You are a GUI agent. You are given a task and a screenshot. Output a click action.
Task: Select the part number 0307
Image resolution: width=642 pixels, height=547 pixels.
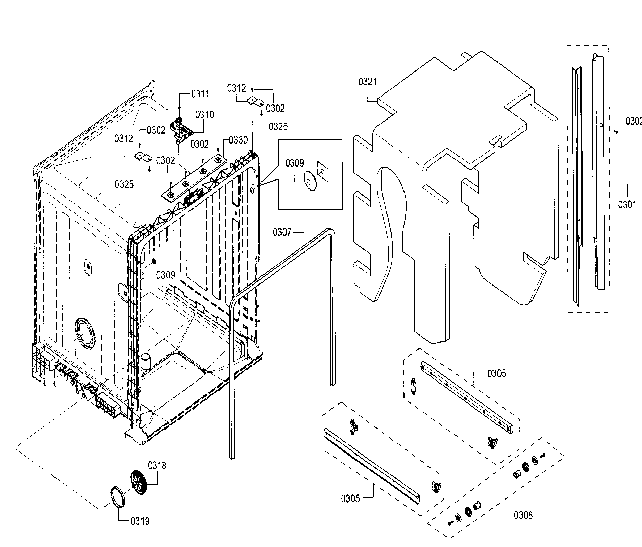(282, 232)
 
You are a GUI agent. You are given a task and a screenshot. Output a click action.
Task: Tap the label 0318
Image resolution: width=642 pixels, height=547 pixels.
(157, 465)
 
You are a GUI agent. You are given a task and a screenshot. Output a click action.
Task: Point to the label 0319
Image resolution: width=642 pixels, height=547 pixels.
(140, 521)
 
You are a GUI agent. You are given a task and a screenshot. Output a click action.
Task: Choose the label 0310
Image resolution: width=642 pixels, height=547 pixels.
(204, 115)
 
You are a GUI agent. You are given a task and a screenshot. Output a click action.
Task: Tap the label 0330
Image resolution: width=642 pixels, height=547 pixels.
(238, 140)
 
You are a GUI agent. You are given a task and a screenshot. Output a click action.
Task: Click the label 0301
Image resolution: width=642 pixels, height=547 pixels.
(627, 205)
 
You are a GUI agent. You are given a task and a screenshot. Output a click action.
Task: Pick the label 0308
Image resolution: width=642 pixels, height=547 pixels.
(523, 515)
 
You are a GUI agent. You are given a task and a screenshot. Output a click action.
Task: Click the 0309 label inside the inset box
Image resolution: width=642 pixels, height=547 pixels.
(294, 163)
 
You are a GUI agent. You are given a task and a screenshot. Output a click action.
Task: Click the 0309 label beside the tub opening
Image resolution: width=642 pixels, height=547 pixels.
(165, 275)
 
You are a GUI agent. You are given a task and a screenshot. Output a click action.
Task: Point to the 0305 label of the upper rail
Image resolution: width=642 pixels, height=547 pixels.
(496, 373)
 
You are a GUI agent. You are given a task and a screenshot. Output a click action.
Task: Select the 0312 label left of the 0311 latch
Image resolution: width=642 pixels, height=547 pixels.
(123, 138)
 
